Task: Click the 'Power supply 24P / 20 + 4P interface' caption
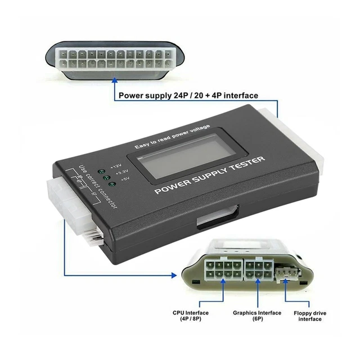click(x=188, y=96)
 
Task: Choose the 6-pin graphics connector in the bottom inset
click(x=258, y=269)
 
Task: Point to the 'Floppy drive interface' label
click(x=310, y=316)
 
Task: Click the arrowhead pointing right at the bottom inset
click(x=175, y=275)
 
